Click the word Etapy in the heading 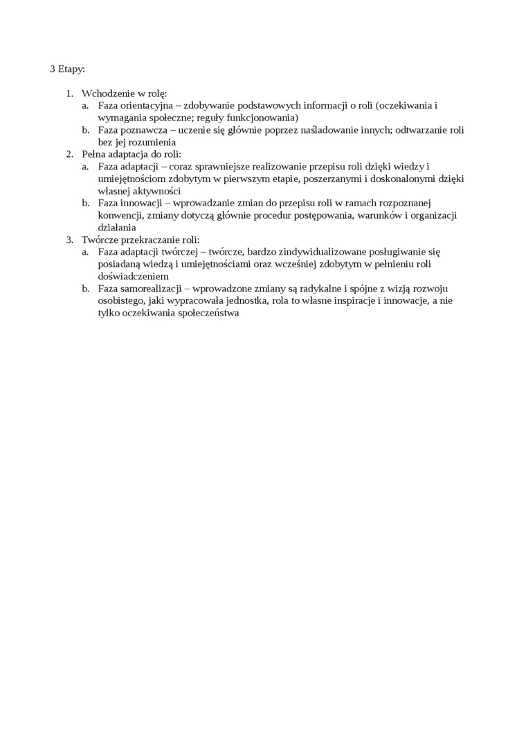click(x=71, y=69)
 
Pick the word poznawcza click(x=147, y=129)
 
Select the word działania click(x=117, y=228)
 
